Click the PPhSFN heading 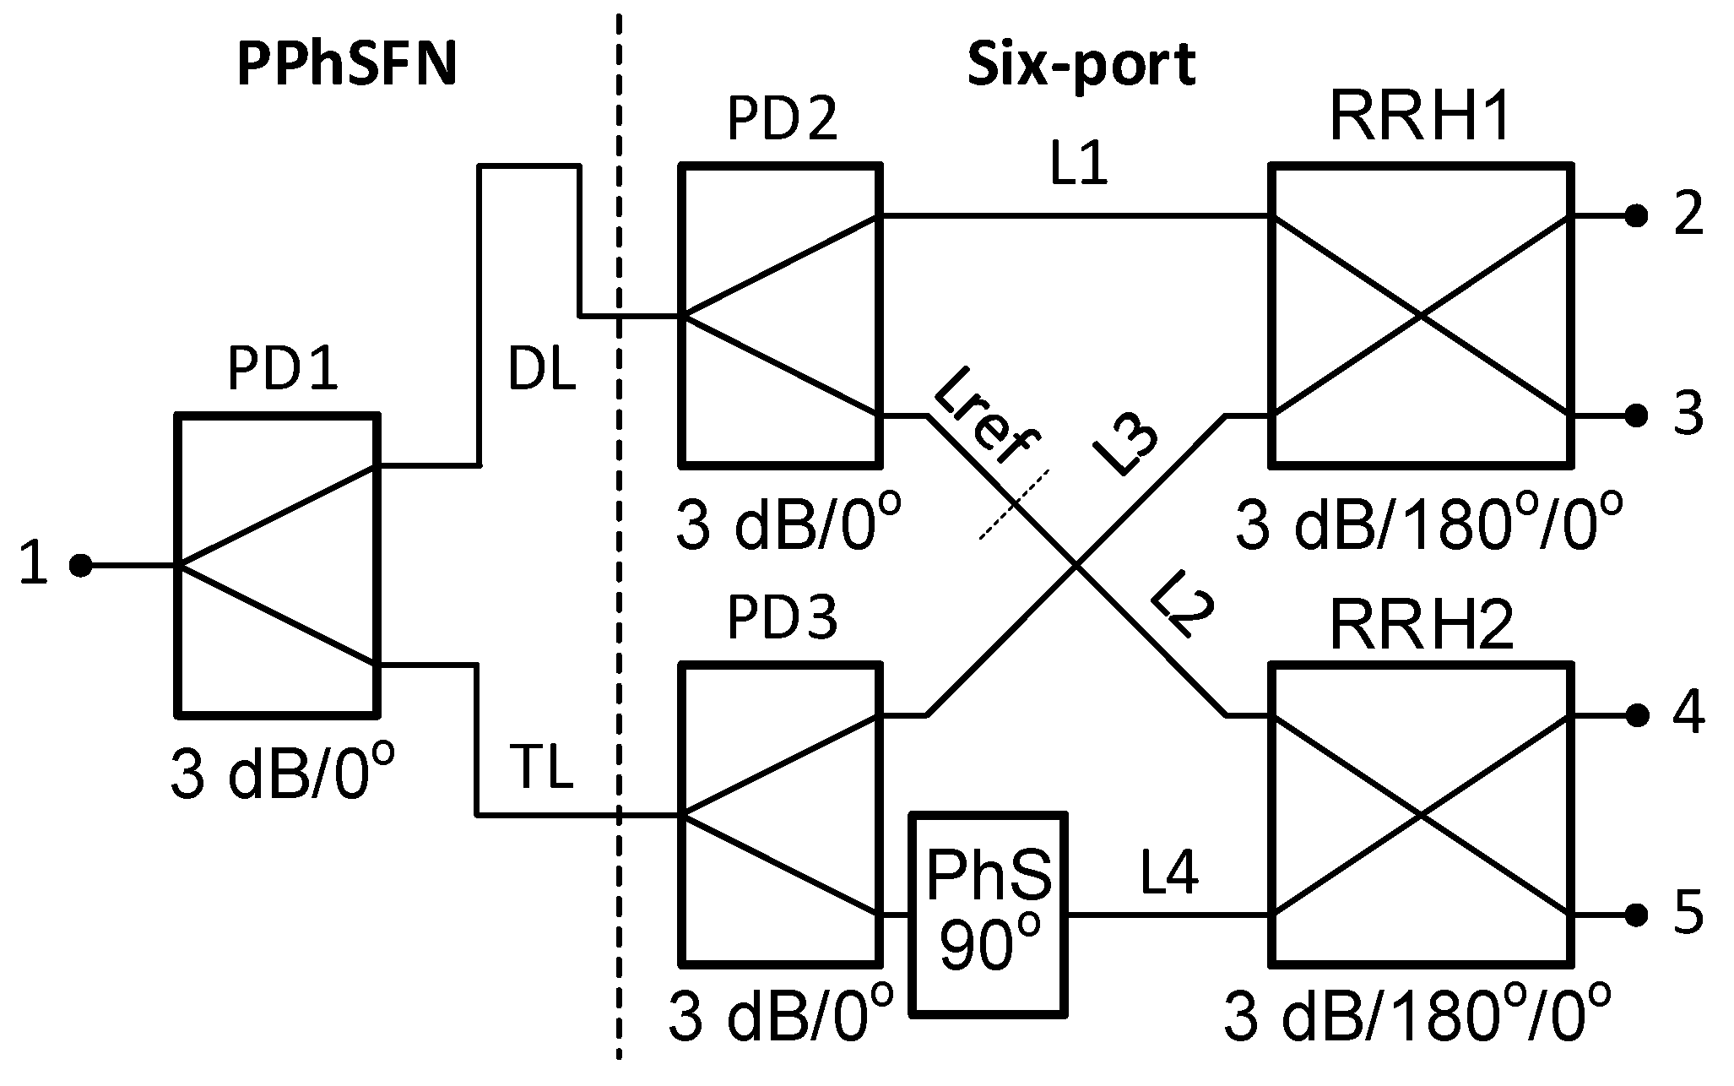tap(347, 66)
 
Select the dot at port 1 tap(80, 565)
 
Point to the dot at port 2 tap(1637, 217)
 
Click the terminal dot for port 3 tap(1637, 415)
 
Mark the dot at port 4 tap(1637, 716)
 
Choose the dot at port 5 tap(1637, 914)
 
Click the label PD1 tap(282, 369)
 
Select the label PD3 tap(782, 619)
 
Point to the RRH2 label tap(1420, 627)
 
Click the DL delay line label tap(541, 370)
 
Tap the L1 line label tap(1078, 165)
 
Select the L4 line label tap(1168, 874)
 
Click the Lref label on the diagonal tap(988, 415)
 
